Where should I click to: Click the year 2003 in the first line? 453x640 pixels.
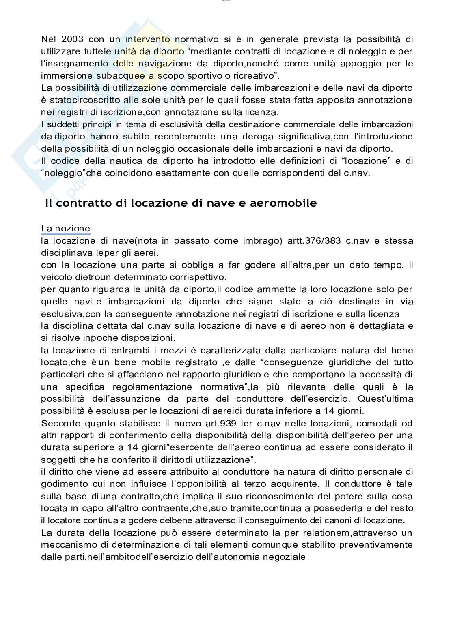73,39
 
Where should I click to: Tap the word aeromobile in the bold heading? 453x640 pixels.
288,203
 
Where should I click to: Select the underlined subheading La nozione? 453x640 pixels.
65,229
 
